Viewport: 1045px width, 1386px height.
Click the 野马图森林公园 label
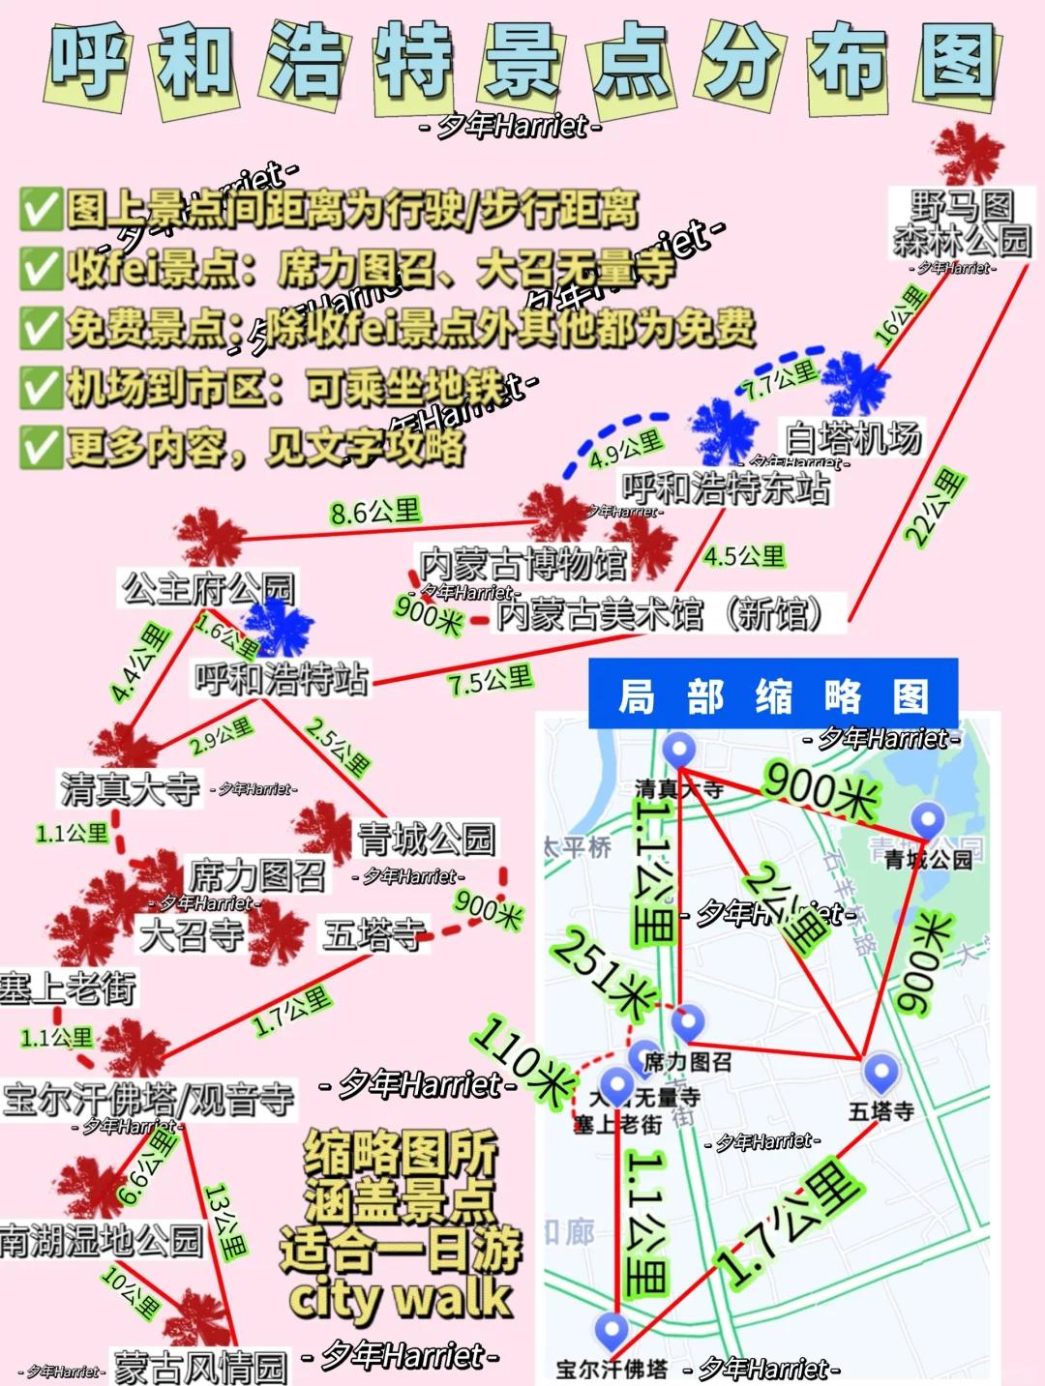coord(961,223)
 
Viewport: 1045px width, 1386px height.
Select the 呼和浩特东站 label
coord(725,487)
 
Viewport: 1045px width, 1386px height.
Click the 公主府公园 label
coord(208,588)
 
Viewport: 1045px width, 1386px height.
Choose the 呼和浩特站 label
coord(282,678)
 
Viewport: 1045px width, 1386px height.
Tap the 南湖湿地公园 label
coord(101,1239)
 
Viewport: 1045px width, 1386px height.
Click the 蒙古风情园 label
coord(200,1367)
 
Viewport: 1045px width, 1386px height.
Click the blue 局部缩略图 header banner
coord(772,694)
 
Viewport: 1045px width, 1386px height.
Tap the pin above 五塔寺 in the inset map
coord(881,1071)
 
